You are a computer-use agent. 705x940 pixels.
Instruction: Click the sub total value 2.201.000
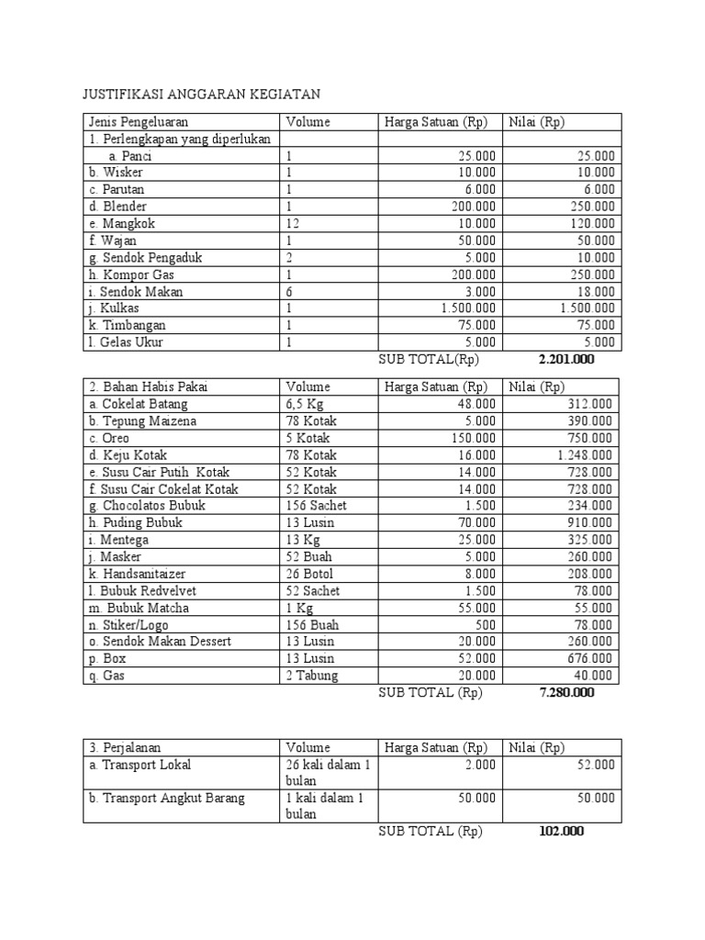tap(566, 360)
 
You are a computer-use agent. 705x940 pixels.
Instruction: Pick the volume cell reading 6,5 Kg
tap(305, 404)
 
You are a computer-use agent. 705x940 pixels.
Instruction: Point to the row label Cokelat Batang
tap(140, 404)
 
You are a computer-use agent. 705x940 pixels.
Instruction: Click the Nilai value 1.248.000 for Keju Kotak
tap(585, 455)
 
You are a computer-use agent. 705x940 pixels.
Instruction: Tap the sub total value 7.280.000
tap(566, 693)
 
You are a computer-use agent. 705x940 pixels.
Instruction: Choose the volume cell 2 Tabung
tap(312, 676)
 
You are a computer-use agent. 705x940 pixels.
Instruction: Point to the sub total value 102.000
tap(560, 832)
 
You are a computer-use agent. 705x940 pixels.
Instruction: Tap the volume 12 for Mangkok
tap(293, 224)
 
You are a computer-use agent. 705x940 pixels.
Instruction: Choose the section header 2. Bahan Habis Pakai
tap(148, 386)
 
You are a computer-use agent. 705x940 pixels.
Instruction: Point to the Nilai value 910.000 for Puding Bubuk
tap(588, 523)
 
